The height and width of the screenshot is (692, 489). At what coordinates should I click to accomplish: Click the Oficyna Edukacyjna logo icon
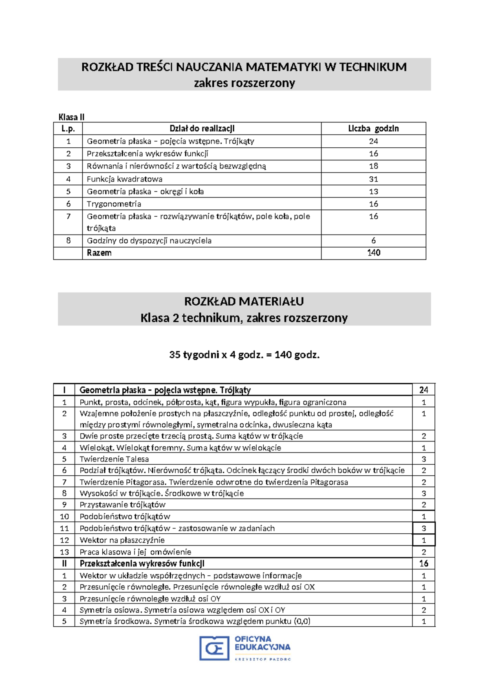pos(214,648)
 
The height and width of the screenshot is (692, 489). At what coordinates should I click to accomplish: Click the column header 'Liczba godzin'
pos(373,129)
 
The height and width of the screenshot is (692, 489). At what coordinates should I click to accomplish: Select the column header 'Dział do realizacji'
pos(202,129)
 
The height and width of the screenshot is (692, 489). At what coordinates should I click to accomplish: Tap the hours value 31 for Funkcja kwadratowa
pos(373,179)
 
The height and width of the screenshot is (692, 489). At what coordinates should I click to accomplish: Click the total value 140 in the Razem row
pos(373,253)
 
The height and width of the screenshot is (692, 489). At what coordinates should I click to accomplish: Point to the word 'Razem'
pos(99,253)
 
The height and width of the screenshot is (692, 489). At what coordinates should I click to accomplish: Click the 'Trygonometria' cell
pos(114,204)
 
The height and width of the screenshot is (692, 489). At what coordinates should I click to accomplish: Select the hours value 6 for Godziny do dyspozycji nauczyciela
pos(373,241)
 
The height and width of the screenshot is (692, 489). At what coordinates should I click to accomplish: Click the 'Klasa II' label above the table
pos(71,117)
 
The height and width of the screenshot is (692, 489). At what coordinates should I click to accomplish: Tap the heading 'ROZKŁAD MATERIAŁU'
pos(244,302)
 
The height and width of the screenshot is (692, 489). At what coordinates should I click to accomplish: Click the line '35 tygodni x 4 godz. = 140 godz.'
pos(244,355)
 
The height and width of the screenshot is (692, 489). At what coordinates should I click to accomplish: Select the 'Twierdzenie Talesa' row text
pos(114,459)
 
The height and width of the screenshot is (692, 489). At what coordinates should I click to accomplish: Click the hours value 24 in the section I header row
pos(423,390)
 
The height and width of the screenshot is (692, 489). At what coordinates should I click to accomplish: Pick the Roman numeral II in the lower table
pos(64,563)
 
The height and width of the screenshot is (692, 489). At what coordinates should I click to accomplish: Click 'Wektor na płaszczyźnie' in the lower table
pos(122,540)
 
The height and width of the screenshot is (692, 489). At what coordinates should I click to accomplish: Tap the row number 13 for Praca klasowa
pos(64,552)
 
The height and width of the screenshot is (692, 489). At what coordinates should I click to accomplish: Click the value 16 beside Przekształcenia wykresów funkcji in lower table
pos(423,563)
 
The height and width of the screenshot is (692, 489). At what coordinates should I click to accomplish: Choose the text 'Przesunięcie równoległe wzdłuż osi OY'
pos(150,599)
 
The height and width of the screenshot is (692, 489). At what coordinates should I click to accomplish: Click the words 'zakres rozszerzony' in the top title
pos(244,83)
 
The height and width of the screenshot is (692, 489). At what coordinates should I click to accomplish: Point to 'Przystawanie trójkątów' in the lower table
pos(122,505)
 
